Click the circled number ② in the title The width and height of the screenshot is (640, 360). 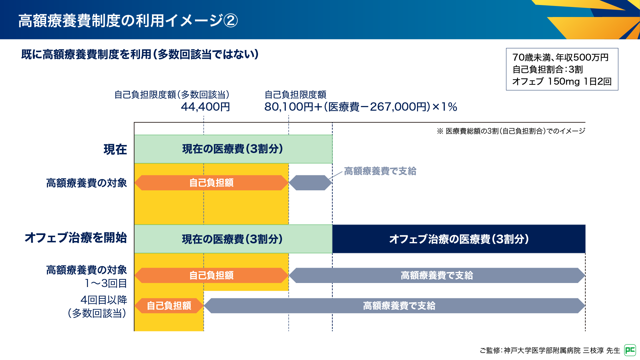tap(230, 21)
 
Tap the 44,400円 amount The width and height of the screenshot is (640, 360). tap(205, 107)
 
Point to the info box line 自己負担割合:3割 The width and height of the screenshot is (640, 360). tap(548, 69)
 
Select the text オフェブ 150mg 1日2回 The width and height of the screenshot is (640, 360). tap(562, 81)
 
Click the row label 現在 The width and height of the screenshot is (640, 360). tap(115, 149)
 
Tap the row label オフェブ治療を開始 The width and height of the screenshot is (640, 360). tap(76, 238)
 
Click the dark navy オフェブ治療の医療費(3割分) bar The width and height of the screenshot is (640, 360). tap(459, 239)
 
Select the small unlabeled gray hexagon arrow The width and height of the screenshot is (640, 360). tap(310, 183)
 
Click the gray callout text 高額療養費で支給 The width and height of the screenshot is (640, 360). tap(380, 171)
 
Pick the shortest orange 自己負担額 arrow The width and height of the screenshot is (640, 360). tap(169, 306)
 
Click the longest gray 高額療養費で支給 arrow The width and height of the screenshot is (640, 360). tap(394, 306)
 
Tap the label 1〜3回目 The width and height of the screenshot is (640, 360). tap(106, 283)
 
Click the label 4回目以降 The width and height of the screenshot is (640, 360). tap(104, 300)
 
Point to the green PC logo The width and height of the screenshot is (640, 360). tap(630, 350)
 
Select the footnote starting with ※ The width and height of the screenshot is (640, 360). tap(511, 131)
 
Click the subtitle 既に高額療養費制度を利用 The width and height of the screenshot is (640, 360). tap(86, 54)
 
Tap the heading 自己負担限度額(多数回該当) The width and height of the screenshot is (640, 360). tap(172, 95)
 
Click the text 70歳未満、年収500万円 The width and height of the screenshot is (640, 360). tap(561, 57)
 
